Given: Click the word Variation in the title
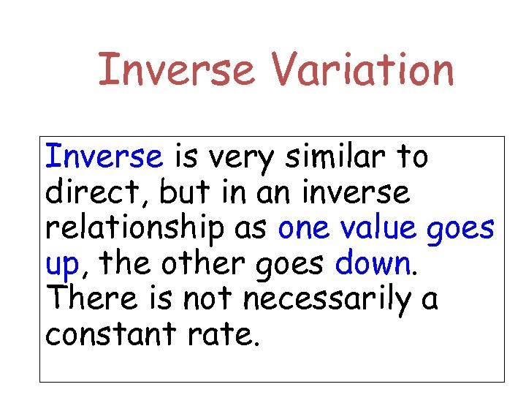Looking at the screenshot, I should [x=363, y=70].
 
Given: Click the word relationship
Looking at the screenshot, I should [x=134, y=228].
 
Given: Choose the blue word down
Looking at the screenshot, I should [x=373, y=263].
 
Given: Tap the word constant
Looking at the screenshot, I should [x=108, y=334].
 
